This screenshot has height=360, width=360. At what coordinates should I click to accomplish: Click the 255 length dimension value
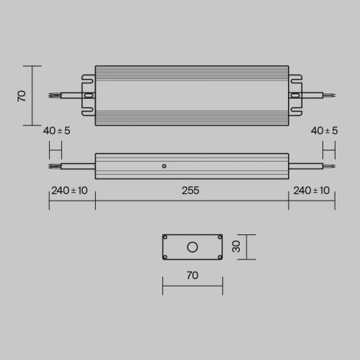pyautogui.click(x=191, y=191)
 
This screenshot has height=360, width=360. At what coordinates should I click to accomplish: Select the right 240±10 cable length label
pyautogui.click(x=313, y=191)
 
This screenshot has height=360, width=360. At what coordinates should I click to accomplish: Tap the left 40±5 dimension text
pyautogui.click(x=57, y=131)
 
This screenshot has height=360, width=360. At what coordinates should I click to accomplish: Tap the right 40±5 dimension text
pyautogui.click(x=325, y=131)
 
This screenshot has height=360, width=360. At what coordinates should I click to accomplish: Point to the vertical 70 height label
pyautogui.click(x=22, y=95)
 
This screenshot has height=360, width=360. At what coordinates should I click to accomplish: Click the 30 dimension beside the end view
pyautogui.click(x=237, y=247)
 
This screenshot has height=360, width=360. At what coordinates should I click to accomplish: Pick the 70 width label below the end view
pyautogui.click(x=192, y=274)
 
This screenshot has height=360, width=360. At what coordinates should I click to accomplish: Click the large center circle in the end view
pyautogui.click(x=192, y=247)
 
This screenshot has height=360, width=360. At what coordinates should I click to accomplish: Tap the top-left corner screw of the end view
pyautogui.click(x=165, y=237)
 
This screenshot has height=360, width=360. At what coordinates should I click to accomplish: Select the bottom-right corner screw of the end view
pyautogui.click(x=219, y=257)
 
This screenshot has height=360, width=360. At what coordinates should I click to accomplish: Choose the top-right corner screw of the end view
pyautogui.click(x=219, y=237)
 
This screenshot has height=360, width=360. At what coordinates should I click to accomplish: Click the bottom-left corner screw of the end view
pyautogui.click(x=165, y=257)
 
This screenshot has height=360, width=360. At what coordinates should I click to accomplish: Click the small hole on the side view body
pyautogui.click(x=163, y=165)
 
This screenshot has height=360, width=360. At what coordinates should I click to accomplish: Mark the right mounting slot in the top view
pyautogui.click(x=295, y=96)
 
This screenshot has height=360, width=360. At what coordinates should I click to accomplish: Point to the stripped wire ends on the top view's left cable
pyautogui.click(x=53, y=96)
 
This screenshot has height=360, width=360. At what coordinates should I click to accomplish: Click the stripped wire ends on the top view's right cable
pyautogui.click(x=329, y=96)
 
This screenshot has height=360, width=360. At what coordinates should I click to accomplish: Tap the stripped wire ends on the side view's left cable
pyautogui.click(x=53, y=165)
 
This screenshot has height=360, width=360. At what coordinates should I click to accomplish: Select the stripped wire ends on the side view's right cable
pyautogui.click(x=329, y=165)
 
